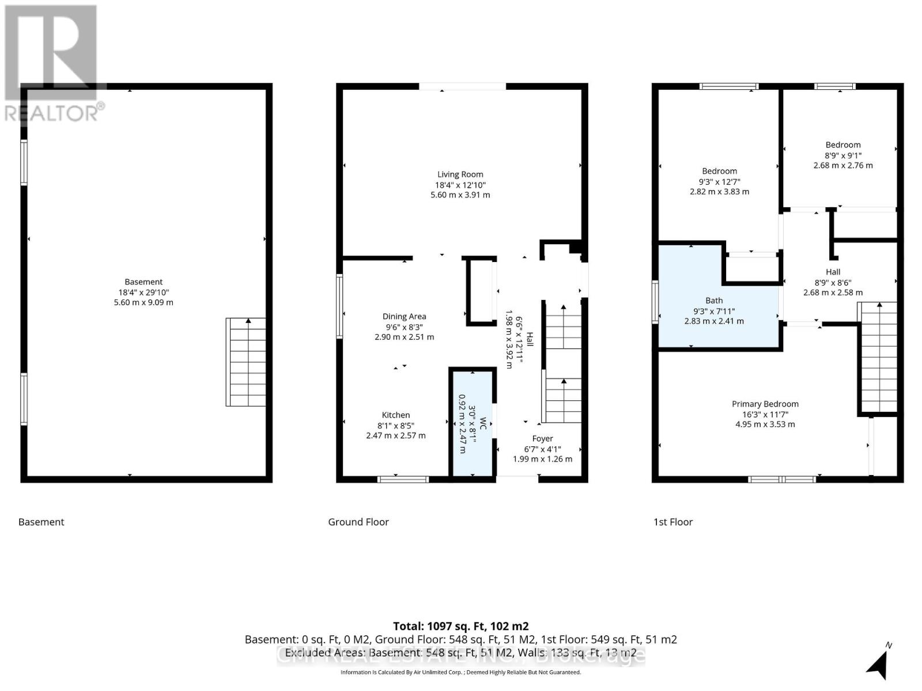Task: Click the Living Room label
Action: click(460, 174)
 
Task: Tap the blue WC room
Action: click(473, 423)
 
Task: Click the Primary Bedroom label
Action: click(765, 404)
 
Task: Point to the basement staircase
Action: click(246, 362)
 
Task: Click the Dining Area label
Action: click(404, 316)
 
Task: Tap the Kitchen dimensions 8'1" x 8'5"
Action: click(395, 426)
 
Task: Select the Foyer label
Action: click(542, 439)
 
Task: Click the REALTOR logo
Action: click(52, 63)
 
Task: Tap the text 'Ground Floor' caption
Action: click(358, 522)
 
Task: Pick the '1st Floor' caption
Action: click(672, 522)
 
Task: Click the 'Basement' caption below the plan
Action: click(41, 522)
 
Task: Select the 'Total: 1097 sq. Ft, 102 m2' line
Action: click(460, 626)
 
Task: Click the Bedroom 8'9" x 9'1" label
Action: click(842, 145)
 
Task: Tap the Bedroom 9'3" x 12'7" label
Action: click(719, 171)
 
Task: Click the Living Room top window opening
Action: click(462, 86)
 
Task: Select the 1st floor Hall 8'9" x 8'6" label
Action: click(833, 272)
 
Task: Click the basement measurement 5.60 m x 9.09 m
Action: click(143, 302)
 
